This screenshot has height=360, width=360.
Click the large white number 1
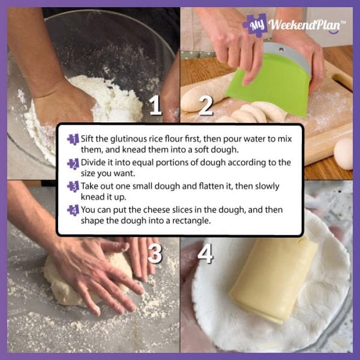[x=155, y=105]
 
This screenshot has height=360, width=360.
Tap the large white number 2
[x=206, y=106]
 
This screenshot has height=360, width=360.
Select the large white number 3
[x=155, y=253]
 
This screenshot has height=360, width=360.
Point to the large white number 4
[x=205, y=253]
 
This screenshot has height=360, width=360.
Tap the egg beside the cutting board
[x=343, y=154]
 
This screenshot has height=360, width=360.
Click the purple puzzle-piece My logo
[x=256, y=25]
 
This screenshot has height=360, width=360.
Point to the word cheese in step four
[x=154, y=210]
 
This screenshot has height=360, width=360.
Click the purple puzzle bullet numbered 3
[x=73, y=187]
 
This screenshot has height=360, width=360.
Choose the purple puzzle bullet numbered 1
[x=73, y=139]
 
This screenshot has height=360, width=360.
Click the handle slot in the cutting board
[x=342, y=82]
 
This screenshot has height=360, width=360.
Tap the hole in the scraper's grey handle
[x=281, y=49]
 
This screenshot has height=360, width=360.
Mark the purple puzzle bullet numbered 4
[x=73, y=211]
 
